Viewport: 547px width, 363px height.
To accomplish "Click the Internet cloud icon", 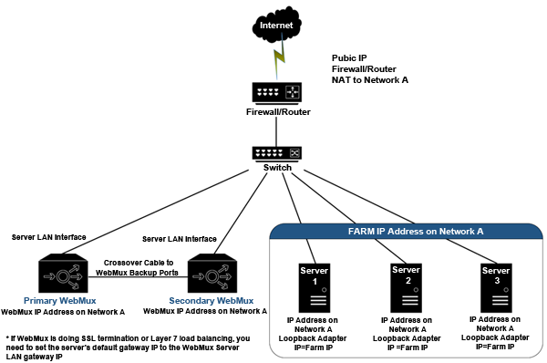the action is coord(276,25).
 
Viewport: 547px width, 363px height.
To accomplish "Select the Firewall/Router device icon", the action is coord(276,93).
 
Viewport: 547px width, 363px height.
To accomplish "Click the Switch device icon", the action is coord(276,154).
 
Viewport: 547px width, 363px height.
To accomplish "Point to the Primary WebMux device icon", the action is coord(63,274).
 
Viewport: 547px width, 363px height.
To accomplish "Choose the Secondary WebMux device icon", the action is coord(212,274).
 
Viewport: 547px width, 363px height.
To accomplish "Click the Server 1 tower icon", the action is coord(315,288).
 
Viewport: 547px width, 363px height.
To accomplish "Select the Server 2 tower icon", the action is coord(406,288).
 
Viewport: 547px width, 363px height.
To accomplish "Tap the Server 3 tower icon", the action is coord(496,288).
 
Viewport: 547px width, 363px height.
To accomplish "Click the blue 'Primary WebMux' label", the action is coord(59,300).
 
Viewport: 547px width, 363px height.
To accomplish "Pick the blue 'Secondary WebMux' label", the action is coord(212,300).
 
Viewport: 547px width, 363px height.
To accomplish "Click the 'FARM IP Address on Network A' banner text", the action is coord(416,232).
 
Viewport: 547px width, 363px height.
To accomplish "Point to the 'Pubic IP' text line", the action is coord(349,58).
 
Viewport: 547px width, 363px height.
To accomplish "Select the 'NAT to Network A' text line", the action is coord(370,80).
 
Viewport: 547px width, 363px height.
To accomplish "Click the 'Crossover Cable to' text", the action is coord(139,263).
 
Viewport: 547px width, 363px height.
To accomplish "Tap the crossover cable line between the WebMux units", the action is coord(138,277).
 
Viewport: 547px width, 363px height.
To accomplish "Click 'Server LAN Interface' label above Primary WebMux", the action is coord(49,237).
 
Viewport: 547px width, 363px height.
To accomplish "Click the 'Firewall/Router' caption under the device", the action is coord(278,112).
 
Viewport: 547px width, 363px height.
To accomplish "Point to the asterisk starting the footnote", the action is coord(7,337).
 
